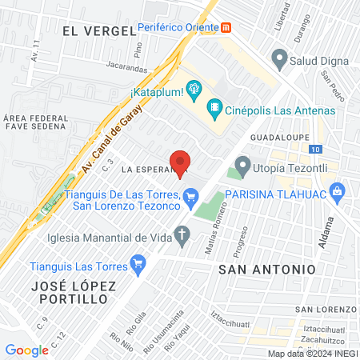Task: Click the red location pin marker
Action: click(181, 162)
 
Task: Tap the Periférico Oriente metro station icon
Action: click(226, 27)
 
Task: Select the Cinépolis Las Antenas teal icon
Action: click(214, 107)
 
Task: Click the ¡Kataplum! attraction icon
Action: click(193, 86)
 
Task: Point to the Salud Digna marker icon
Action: click(279, 57)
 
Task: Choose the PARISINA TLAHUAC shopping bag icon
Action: click(337, 192)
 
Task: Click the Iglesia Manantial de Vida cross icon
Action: click(182, 236)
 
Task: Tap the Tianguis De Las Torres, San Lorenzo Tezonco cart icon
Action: click(190, 196)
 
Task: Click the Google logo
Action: click(26, 350)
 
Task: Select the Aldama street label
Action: click(325, 233)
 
